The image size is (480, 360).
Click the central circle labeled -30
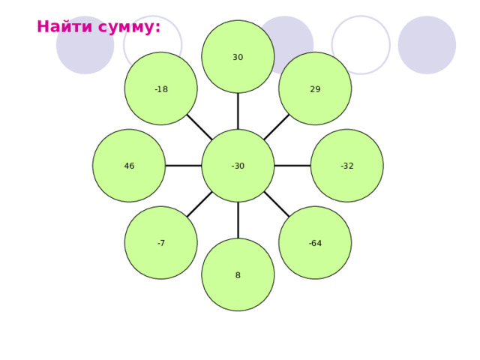tap(238, 166)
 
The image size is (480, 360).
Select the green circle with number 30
tap(238, 57)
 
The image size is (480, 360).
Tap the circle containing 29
tap(315, 88)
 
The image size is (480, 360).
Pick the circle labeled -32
tap(346, 166)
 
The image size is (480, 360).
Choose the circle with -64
tap(315, 243)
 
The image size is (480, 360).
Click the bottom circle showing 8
tap(238, 274)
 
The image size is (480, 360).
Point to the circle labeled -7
tap(160, 243)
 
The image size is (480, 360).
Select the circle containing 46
tap(129, 166)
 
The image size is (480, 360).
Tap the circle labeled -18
tap(160, 88)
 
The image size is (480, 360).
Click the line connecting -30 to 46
tap(183, 166)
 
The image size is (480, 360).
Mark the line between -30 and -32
tap(292, 166)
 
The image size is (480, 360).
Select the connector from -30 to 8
tap(238, 220)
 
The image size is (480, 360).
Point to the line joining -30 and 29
tap(277, 127)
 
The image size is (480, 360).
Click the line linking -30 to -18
tap(199, 127)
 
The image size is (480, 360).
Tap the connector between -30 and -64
tap(277, 204)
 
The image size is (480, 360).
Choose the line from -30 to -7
tap(199, 204)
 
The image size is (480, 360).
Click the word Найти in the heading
tap(64, 26)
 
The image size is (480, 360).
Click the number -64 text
tap(315, 243)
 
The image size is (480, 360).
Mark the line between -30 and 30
tap(238, 111)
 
